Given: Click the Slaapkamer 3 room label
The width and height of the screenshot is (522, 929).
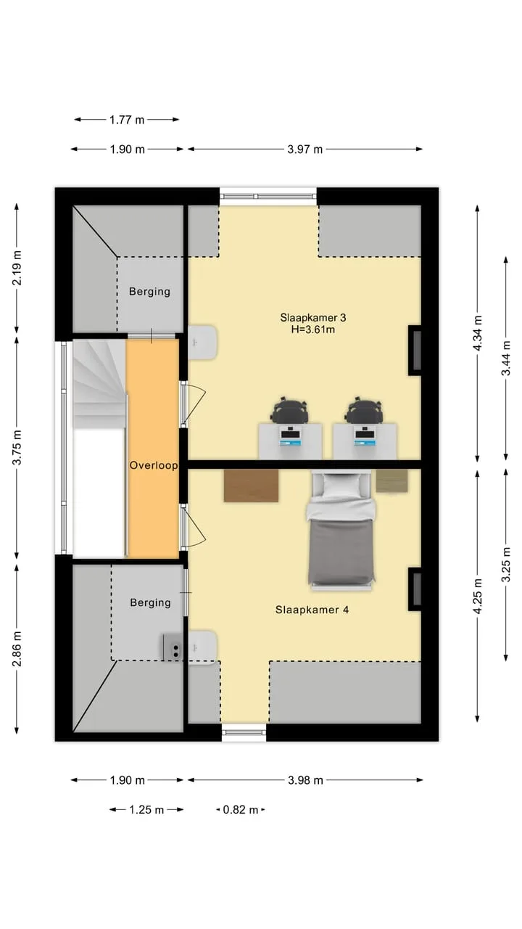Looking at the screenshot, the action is tap(312, 318).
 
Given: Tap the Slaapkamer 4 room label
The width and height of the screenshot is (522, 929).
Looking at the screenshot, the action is tap(312, 610).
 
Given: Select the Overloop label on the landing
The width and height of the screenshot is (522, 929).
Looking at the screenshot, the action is tap(154, 465).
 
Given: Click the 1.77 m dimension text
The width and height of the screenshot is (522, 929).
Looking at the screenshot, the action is tap(127, 120).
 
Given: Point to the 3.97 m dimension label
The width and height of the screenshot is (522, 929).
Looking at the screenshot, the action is tap(305, 150).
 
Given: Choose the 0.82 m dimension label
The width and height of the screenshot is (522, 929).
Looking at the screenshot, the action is tap(240, 809).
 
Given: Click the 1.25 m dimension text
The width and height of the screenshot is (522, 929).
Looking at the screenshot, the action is tap(146, 809).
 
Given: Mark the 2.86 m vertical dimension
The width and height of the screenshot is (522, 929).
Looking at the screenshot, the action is tap(17, 649).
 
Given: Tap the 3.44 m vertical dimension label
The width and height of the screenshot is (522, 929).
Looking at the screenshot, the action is tap(506, 358).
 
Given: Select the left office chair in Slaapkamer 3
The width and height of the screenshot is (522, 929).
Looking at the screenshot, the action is tap(290, 410).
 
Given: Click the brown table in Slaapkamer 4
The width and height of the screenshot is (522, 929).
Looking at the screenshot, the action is tap(251, 486).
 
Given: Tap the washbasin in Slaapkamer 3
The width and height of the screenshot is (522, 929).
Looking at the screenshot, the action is tap(202, 343).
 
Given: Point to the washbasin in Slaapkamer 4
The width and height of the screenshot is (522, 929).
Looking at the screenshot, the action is tap(202, 648).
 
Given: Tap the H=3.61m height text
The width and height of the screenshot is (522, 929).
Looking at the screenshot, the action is tap(312, 330).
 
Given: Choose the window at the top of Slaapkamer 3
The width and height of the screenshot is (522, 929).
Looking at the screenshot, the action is tap(268, 197).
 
